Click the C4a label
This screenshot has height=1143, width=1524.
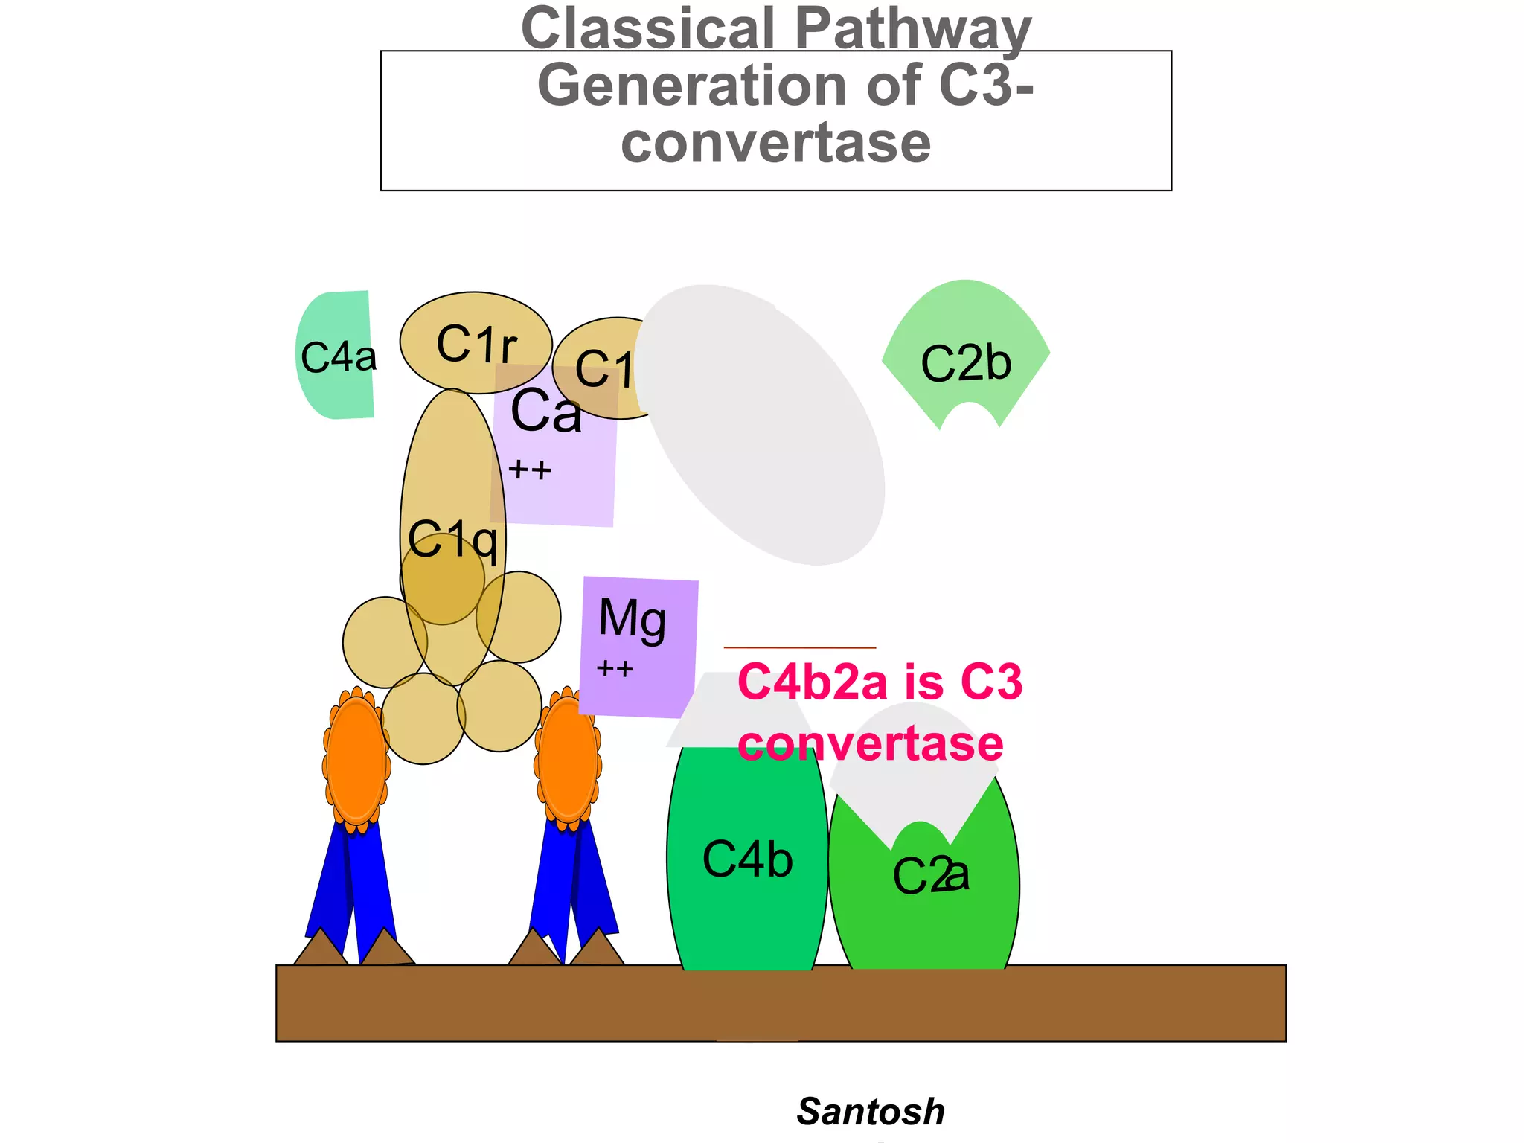pos(339,357)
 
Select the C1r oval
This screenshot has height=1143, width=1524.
pos(476,342)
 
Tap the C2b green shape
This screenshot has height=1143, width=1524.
pos(966,350)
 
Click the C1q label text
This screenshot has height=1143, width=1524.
pos(452,540)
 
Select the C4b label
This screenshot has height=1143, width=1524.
pos(748,859)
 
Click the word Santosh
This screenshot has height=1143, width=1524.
pos(871,1112)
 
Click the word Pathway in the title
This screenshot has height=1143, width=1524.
pos(913,30)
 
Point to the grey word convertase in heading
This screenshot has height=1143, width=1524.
pos(775,143)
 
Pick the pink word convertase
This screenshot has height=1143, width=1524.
pos(871,743)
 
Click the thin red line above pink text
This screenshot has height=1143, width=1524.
pos(799,647)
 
